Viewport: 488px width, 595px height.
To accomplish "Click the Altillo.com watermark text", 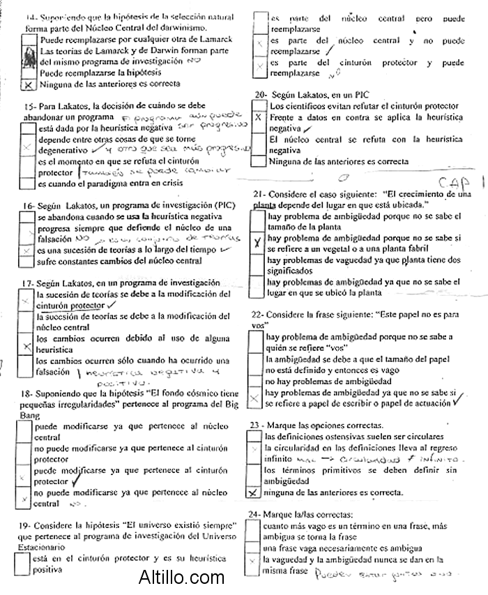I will [x=181, y=578].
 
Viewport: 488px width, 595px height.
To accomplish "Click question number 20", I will [x=261, y=94].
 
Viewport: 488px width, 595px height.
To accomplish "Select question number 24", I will [x=254, y=514].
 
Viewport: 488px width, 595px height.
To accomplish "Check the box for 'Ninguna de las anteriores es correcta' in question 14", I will [x=29, y=84].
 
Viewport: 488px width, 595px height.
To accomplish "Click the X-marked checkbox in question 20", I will [x=259, y=119].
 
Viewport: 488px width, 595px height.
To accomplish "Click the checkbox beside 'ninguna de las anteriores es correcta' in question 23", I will [x=253, y=492].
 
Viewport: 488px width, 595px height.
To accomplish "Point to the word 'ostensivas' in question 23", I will [x=337, y=436].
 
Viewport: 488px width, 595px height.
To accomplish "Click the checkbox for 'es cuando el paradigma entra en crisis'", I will [x=27, y=184].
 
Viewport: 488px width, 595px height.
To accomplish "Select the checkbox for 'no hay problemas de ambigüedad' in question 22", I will [x=255, y=382].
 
